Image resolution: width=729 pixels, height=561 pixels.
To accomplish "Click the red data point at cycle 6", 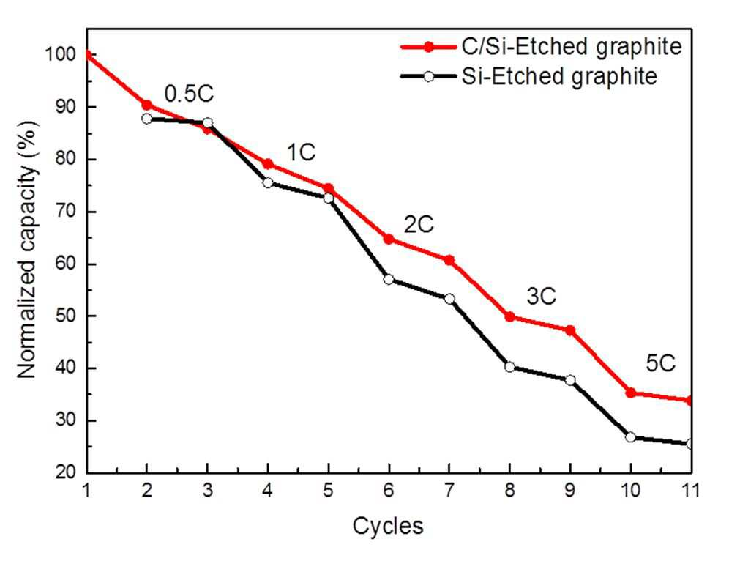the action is (x=389, y=239).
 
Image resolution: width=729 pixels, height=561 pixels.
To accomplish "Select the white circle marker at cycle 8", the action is (x=509, y=367).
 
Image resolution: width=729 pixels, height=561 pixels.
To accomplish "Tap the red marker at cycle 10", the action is (x=630, y=393).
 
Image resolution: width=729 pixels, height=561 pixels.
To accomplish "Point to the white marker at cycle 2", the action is (x=147, y=119).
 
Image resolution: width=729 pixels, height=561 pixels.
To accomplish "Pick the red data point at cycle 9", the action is (x=570, y=330).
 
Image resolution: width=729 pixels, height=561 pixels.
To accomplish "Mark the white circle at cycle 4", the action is (x=268, y=183).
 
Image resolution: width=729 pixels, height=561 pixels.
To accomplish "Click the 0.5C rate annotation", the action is (x=189, y=94).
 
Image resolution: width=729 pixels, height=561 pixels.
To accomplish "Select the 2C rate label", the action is (x=419, y=225).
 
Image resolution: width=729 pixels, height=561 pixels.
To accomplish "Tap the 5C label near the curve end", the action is (x=660, y=363).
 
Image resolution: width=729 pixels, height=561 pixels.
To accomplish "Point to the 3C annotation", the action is (x=541, y=296).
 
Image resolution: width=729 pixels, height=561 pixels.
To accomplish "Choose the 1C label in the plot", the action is (x=301, y=152).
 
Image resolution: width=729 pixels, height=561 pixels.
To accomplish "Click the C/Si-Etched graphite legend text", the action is (x=572, y=47).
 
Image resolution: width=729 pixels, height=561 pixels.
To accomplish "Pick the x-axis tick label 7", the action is (x=449, y=490).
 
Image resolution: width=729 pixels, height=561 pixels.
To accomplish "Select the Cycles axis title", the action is (x=388, y=527).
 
